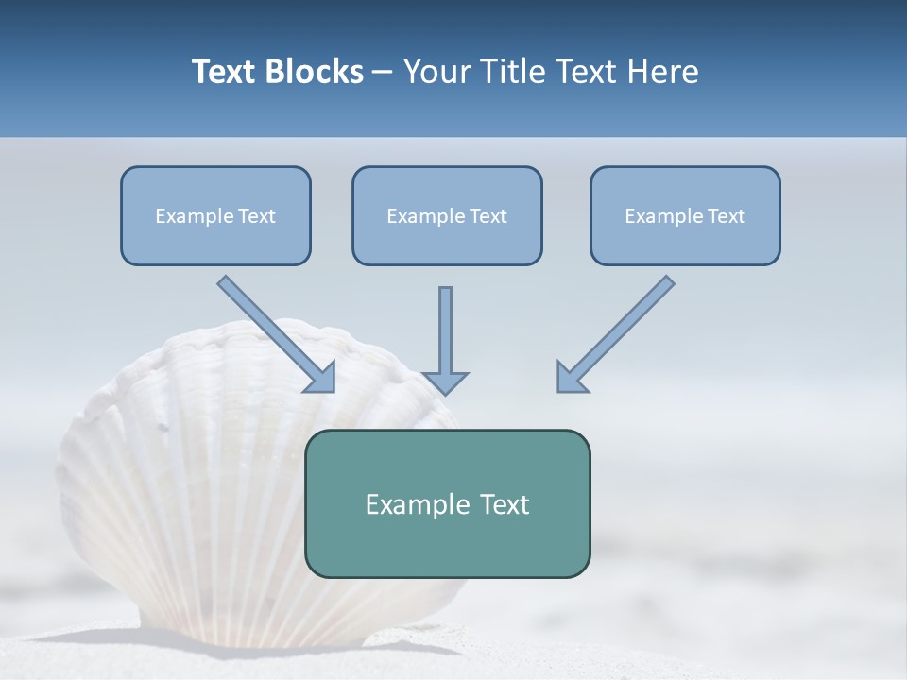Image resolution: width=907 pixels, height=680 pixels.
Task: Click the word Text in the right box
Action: coord(727,216)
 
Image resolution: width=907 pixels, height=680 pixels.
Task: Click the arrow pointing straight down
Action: coord(446,335)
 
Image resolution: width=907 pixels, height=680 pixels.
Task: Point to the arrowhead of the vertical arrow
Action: coord(446,382)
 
